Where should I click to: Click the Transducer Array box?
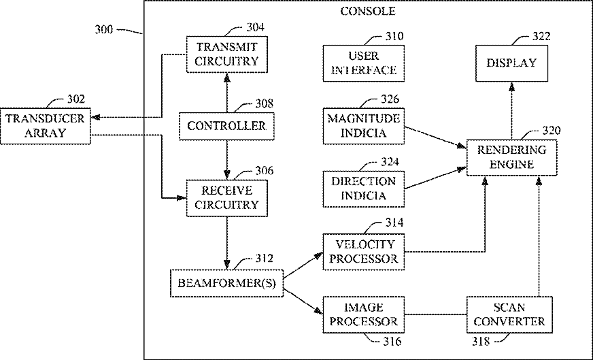point(46,126)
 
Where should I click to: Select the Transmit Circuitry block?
point(227,54)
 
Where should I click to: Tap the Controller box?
point(226,126)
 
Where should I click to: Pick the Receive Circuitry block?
point(227,198)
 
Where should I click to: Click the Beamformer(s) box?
point(227,283)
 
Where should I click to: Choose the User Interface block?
point(363,63)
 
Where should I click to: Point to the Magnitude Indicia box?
point(363,126)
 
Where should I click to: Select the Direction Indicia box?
point(363,189)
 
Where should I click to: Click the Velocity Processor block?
point(363,252)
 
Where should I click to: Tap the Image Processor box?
point(363,314)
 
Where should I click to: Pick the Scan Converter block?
point(509,314)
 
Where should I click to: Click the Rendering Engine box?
point(511,157)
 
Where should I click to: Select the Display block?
point(511,63)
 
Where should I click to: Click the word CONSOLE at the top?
point(368,11)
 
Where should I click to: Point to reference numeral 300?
point(103,29)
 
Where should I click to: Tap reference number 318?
point(481,342)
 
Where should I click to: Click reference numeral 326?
point(390,99)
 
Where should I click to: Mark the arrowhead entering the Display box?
point(511,87)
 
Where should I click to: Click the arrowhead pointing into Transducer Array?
point(96,117)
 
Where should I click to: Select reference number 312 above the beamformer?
point(264,258)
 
